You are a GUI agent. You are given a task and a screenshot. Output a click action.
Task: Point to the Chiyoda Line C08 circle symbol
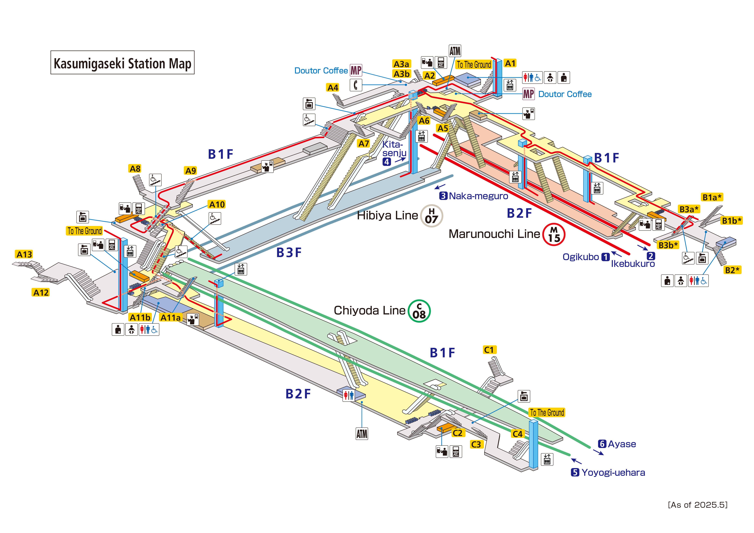click(x=419, y=311)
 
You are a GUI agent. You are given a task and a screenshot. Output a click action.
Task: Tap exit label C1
click(x=489, y=350)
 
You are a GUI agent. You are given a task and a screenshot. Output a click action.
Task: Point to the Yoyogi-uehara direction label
click(x=613, y=473)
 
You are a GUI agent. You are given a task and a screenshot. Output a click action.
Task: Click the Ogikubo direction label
click(x=581, y=257)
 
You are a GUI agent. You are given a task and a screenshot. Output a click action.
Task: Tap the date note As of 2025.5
click(x=698, y=505)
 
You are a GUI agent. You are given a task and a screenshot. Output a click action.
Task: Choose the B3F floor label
click(x=289, y=253)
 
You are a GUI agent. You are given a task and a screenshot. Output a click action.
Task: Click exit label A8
click(x=135, y=169)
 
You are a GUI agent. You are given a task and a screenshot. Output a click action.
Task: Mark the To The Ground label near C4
click(x=547, y=412)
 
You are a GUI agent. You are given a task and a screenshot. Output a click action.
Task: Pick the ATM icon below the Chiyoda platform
click(x=362, y=434)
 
